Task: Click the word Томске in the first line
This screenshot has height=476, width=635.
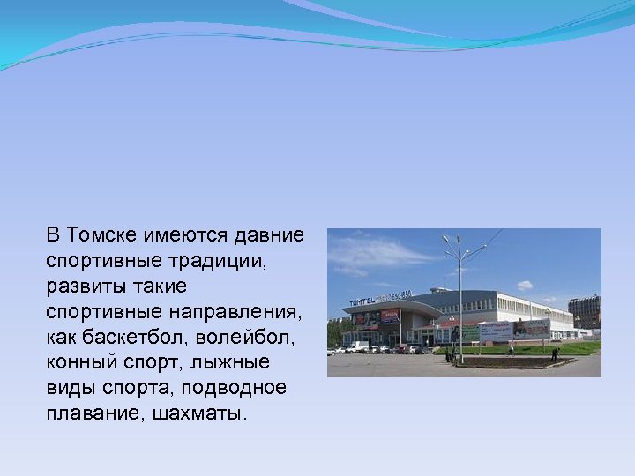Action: (98, 235)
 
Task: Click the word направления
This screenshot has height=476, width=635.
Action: (243, 312)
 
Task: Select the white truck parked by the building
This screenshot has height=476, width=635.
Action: (356, 347)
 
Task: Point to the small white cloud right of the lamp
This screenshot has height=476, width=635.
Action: (525, 285)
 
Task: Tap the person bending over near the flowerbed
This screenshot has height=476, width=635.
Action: (555, 353)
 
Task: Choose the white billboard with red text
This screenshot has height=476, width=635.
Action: (496, 331)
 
